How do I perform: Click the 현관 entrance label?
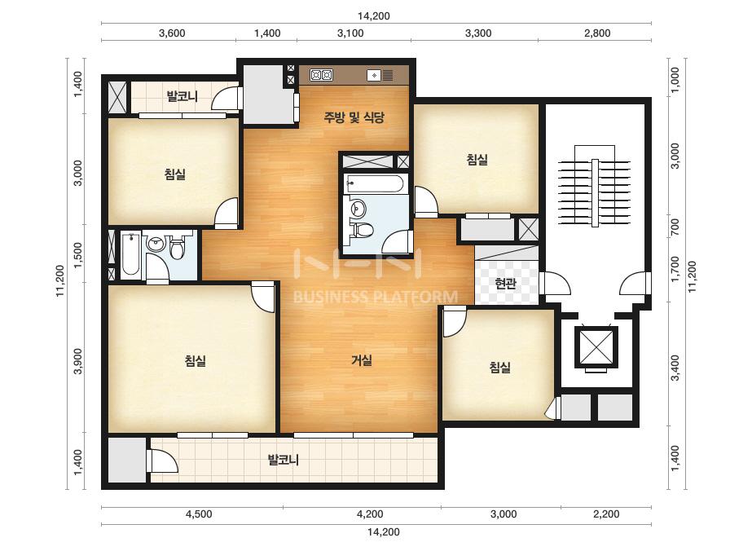505,284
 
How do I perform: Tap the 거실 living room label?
362,360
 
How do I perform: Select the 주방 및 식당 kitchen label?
354,117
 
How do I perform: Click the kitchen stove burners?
321,75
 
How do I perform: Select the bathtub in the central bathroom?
376,184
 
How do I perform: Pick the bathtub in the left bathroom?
130,254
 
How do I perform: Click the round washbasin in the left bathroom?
156,244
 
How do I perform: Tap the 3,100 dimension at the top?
350,33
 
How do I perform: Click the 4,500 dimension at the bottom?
199,514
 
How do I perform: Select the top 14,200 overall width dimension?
374,15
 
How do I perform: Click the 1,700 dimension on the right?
675,269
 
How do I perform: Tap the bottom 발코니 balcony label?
284,461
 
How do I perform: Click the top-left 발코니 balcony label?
183,96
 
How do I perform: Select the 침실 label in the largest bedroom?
196,360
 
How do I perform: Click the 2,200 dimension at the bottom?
606,514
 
